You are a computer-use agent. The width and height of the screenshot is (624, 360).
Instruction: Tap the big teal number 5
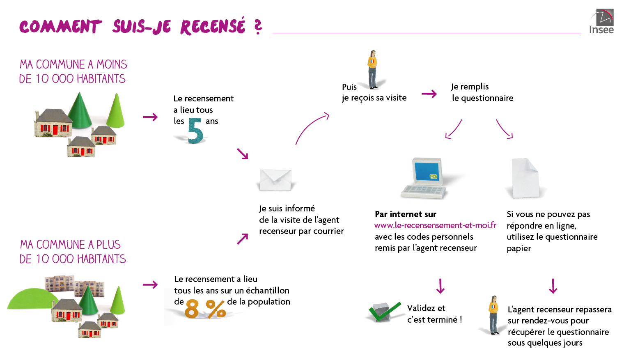[195, 131]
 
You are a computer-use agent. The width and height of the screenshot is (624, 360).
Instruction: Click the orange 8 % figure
[205, 309]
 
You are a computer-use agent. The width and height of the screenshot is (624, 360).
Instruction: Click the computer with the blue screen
[425, 177]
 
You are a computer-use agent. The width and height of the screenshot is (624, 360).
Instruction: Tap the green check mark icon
[384, 312]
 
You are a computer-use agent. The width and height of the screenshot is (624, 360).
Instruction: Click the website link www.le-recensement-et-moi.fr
[435, 225]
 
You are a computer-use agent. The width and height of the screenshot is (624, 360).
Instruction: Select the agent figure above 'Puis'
[372, 70]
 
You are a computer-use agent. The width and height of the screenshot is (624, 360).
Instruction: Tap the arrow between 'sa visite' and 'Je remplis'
[429, 94]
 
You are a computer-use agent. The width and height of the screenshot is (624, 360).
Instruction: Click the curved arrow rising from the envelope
[312, 128]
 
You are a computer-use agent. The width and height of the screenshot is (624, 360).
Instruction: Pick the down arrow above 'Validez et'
[440, 286]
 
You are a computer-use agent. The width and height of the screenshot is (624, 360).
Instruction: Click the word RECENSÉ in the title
[213, 27]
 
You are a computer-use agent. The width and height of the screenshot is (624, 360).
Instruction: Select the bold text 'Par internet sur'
[406, 214]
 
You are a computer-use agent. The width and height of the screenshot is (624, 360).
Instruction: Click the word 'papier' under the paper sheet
[519, 248]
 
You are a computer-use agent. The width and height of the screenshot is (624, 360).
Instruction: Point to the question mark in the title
[258, 27]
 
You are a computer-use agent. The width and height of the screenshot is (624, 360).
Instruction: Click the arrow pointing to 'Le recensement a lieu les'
[150, 117]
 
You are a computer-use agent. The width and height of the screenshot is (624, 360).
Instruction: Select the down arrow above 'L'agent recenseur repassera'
[553, 286]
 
